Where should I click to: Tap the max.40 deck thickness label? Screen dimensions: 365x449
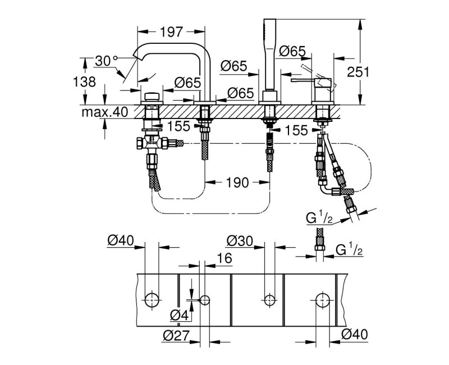(104, 112)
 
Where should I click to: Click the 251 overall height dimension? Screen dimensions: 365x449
(373, 72)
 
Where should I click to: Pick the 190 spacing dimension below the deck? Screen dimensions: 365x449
(236, 182)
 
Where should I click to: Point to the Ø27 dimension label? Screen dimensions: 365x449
(176, 336)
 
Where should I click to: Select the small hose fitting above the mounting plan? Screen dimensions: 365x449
(320, 244)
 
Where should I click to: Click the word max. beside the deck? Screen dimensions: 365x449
(94, 112)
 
